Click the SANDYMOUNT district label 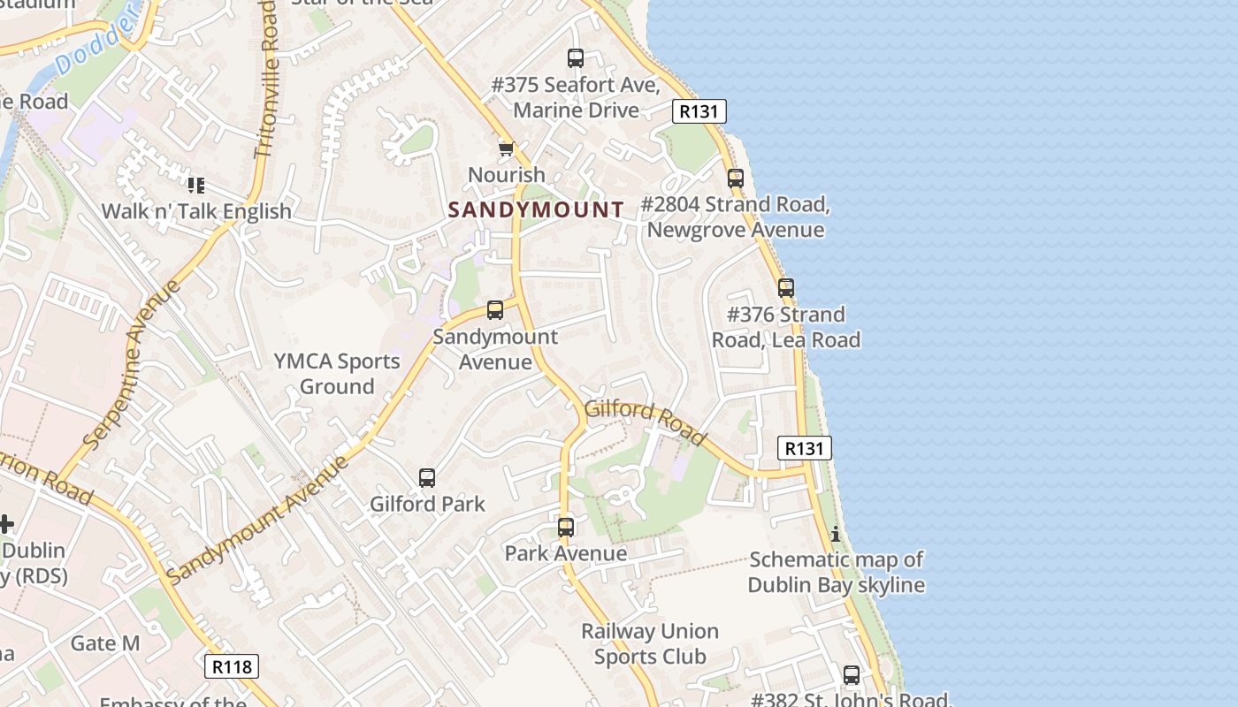(536, 209)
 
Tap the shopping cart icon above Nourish (506, 148)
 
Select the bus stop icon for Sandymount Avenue (495, 310)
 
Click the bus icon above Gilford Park (427, 478)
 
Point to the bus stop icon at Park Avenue (566, 528)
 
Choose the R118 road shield (233, 665)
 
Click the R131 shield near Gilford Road (804, 448)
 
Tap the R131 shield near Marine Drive (699, 111)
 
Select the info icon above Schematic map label (836, 534)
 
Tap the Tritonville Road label (268, 80)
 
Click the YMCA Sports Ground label (337, 374)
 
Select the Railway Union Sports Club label (650, 643)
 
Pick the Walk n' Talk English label (196, 211)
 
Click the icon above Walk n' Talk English (196, 186)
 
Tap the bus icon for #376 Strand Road (786, 288)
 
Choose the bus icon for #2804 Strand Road (736, 179)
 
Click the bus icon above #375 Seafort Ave (576, 58)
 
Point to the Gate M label (105, 642)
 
